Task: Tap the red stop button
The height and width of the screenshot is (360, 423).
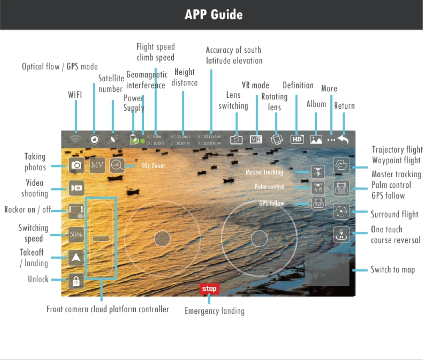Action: tap(209, 289)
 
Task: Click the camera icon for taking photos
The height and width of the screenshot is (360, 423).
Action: tap(77, 165)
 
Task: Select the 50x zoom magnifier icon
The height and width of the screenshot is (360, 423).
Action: tap(117, 165)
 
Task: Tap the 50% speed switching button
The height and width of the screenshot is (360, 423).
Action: tap(76, 234)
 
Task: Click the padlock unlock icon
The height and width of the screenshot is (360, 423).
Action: tap(76, 281)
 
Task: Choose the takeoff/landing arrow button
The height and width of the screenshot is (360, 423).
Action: tap(76, 258)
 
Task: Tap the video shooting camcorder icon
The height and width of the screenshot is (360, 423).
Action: tap(77, 187)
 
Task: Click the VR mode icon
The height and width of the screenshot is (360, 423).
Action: tap(256, 139)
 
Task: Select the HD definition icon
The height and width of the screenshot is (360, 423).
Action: tap(297, 139)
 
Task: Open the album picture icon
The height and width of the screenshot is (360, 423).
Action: tap(316, 139)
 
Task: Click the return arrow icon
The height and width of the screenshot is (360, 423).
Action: tap(343, 139)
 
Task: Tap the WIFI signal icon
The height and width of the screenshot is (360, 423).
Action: tap(76, 139)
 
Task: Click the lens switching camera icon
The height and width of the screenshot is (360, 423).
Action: tap(236, 140)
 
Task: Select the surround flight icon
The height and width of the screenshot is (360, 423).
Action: tap(341, 212)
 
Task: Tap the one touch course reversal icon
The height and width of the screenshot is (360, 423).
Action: tap(341, 234)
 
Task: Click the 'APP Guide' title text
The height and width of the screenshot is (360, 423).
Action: tap(214, 15)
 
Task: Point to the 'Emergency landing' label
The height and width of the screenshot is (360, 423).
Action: tap(214, 311)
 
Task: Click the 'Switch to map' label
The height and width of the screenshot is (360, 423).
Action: tap(393, 269)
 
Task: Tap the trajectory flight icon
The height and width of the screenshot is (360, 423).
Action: tap(341, 165)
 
